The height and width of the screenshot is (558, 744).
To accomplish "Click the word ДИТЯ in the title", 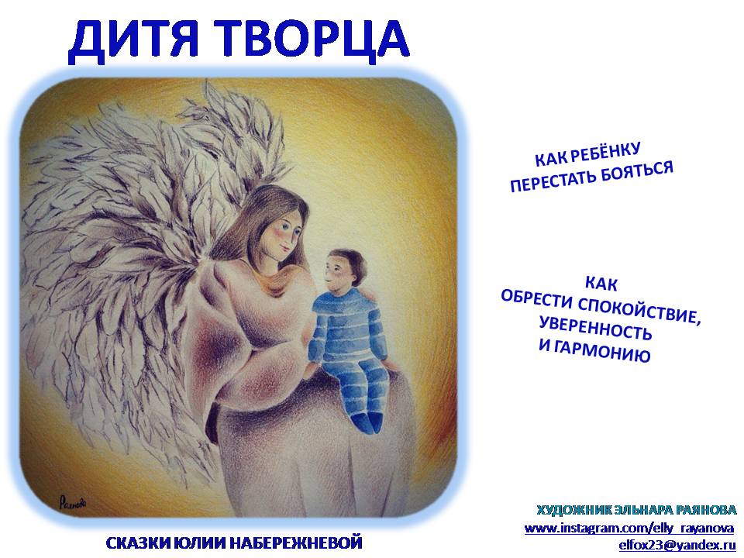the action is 133,42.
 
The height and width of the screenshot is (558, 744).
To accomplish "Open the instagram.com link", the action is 629,528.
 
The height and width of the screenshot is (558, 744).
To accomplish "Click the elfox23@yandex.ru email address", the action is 677,545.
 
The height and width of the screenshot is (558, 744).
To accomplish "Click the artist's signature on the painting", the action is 73,502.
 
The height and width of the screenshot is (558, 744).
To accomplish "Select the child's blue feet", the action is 367,421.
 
